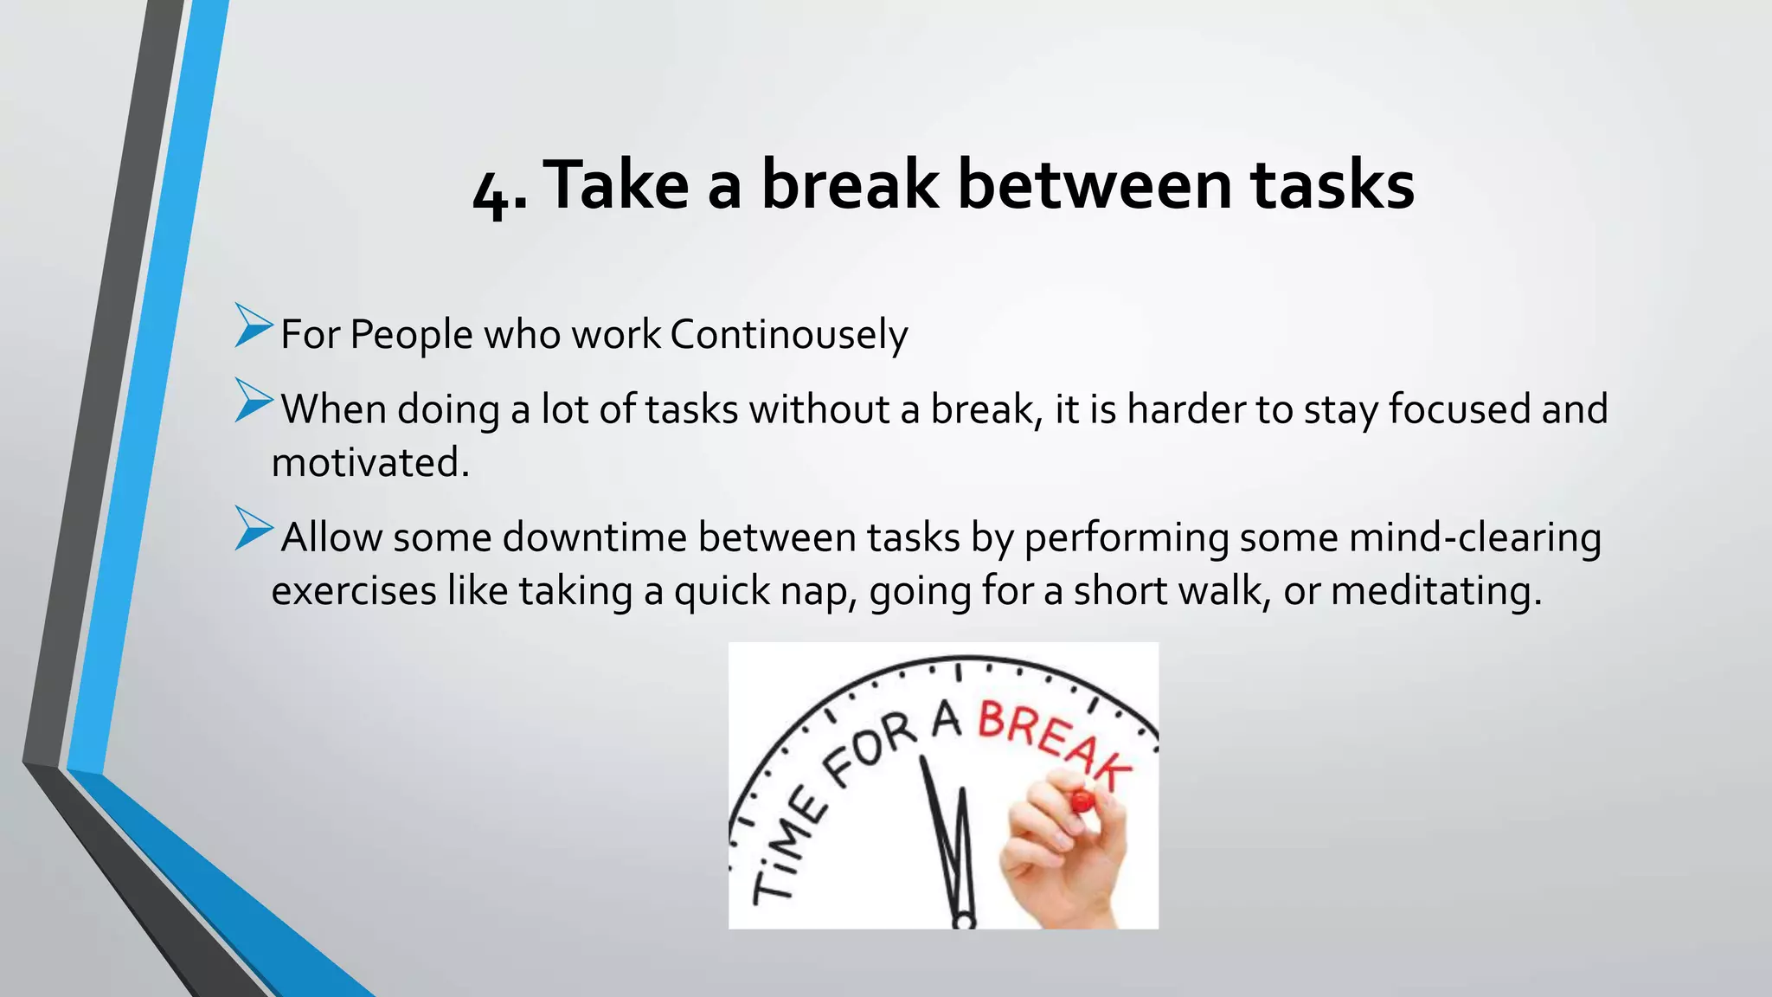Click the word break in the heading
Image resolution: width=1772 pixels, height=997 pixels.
(849, 185)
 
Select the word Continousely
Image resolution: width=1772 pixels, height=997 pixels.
(788, 335)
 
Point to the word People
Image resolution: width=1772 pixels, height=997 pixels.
(411, 335)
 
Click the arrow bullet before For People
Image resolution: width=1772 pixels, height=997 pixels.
(253, 326)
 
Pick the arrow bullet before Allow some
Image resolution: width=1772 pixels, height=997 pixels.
(253, 529)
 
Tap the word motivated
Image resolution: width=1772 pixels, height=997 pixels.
(369, 462)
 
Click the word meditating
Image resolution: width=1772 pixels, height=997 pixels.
(1435, 591)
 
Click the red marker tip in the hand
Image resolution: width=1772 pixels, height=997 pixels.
(1081, 801)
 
